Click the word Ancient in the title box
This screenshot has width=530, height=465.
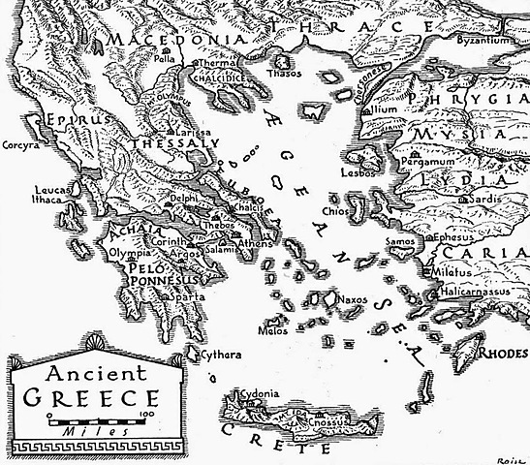81,373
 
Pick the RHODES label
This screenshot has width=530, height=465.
505,352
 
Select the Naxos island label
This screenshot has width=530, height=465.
354,301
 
